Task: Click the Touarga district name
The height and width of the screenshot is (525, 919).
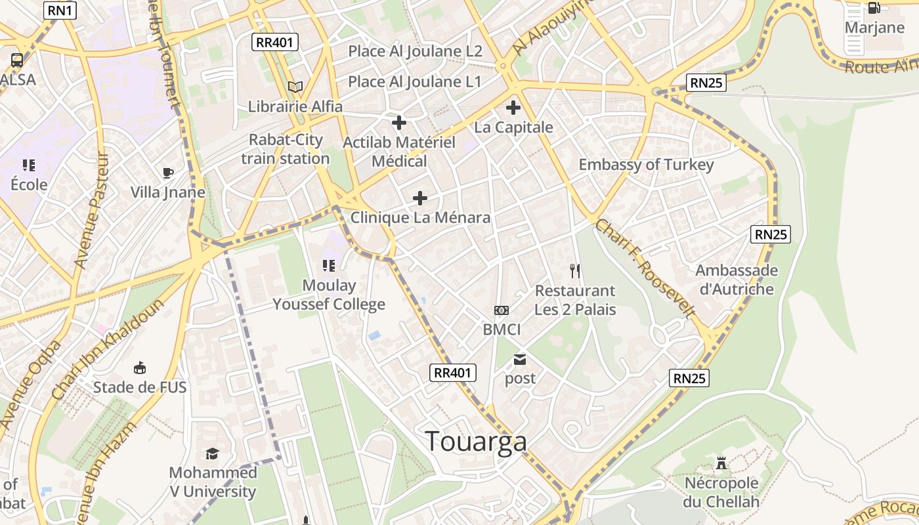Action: [x=476, y=442]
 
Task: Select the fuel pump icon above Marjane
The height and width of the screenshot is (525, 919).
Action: [x=874, y=8]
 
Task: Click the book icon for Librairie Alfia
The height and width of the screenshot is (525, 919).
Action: [x=295, y=87]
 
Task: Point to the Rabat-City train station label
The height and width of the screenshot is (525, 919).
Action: [x=286, y=149]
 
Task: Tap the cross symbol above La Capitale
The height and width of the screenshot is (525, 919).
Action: [x=513, y=108]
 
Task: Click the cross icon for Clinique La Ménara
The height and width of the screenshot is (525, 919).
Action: [x=420, y=198]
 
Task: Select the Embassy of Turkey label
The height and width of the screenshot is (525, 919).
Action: [x=646, y=165]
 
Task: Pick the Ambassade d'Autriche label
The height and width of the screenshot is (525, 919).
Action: [x=737, y=280]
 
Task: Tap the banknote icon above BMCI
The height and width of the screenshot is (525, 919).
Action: [x=502, y=310]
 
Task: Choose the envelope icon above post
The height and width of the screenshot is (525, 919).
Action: [x=520, y=359]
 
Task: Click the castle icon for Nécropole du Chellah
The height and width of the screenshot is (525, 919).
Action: [x=721, y=464]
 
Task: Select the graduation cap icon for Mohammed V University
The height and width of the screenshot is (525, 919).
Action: [x=212, y=453]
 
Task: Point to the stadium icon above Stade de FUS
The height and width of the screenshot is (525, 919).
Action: [x=140, y=367]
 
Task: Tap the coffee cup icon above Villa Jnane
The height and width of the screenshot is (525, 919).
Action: [x=168, y=173]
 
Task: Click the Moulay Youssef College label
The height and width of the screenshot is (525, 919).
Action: [x=329, y=295]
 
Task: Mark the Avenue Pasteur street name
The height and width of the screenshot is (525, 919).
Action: [x=90, y=211]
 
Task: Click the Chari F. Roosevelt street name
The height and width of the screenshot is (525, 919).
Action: [x=645, y=269]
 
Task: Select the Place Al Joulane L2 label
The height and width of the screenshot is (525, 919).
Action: [x=415, y=51]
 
